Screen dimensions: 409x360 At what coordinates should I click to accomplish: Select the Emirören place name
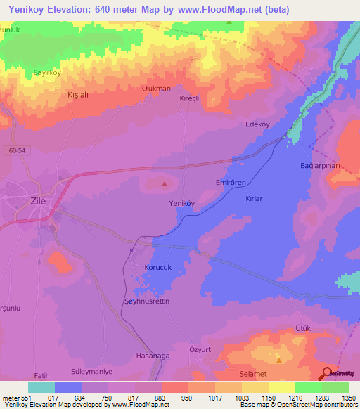point(229,182)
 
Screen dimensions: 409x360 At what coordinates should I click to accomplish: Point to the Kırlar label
point(253,199)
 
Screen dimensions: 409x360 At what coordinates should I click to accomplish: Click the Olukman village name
point(156,89)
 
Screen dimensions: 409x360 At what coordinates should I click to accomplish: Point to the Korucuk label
point(158,268)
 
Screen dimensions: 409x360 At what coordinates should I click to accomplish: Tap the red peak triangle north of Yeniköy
point(165,184)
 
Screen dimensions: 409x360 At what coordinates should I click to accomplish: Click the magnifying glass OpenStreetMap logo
point(328,372)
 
